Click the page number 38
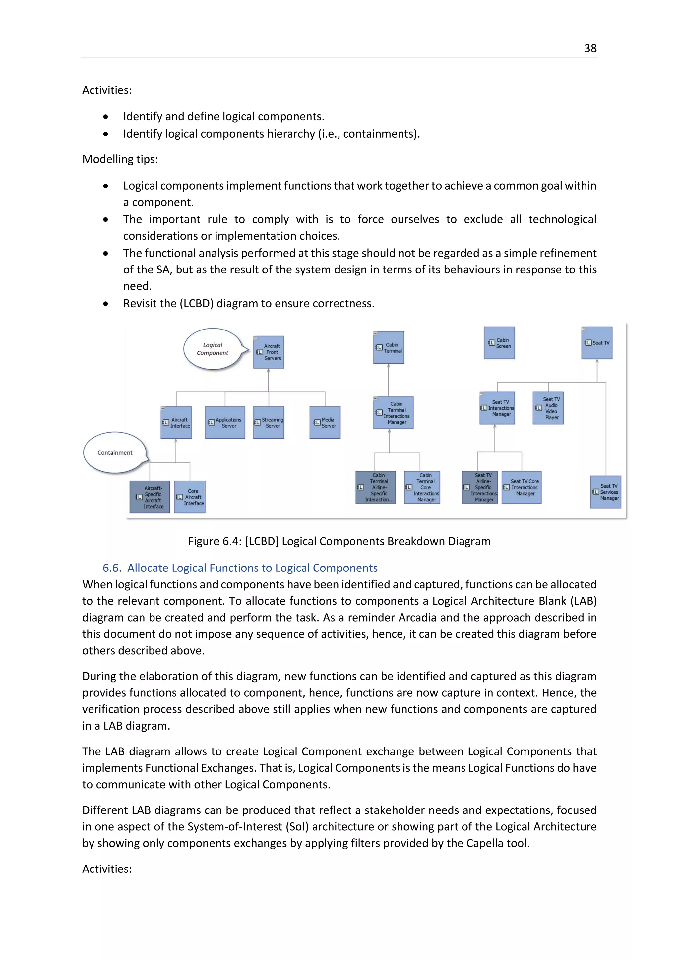(590, 48)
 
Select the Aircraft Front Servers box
(269, 352)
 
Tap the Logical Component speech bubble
(213, 349)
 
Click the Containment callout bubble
(115, 453)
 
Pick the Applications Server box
(225, 422)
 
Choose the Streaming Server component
(269, 422)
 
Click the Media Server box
(325, 422)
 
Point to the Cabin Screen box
(499, 343)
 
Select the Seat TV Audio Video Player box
(548, 408)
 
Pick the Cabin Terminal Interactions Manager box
(393, 413)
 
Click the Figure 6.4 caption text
(339, 541)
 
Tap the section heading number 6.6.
(112, 568)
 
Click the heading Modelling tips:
(120, 159)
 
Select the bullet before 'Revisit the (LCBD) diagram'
(106, 304)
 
